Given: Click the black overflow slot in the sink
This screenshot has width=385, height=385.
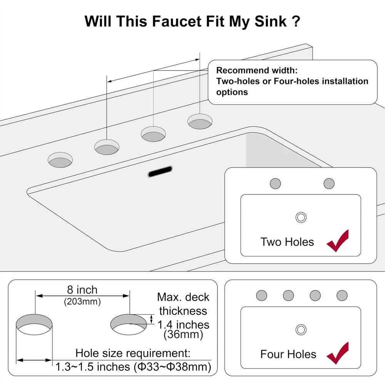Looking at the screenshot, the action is (x=160, y=171).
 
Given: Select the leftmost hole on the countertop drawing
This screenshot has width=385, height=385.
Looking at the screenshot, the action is (x=60, y=160).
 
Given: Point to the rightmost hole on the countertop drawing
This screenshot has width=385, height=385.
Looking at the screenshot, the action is (x=200, y=121).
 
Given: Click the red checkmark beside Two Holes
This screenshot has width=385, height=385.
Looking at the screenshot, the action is (x=338, y=241).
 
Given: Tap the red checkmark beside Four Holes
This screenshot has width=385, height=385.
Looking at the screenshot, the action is (x=338, y=353).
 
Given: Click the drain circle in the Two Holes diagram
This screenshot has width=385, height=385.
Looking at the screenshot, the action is (x=301, y=217).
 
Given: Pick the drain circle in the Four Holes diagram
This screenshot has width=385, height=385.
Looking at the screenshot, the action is (x=301, y=330).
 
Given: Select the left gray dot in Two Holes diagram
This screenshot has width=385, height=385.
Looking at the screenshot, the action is (x=275, y=183).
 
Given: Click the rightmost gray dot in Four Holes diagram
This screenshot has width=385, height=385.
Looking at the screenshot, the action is (x=342, y=295).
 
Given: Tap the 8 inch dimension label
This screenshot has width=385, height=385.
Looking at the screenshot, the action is (x=82, y=290).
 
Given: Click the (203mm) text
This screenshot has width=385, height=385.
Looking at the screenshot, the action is (x=82, y=301).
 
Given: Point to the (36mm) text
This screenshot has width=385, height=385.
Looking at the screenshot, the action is (x=183, y=335).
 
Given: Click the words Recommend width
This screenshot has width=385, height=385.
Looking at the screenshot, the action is (x=257, y=70).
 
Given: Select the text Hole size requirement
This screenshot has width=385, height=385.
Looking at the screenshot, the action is (x=133, y=353).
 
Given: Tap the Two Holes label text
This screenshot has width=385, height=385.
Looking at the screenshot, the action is (x=287, y=242).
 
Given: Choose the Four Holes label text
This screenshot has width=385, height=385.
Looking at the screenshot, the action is (x=288, y=354).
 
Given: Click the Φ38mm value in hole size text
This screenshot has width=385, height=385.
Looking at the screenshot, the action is (x=189, y=367).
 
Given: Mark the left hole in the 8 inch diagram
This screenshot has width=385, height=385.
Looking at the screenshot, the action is (x=34, y=324).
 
